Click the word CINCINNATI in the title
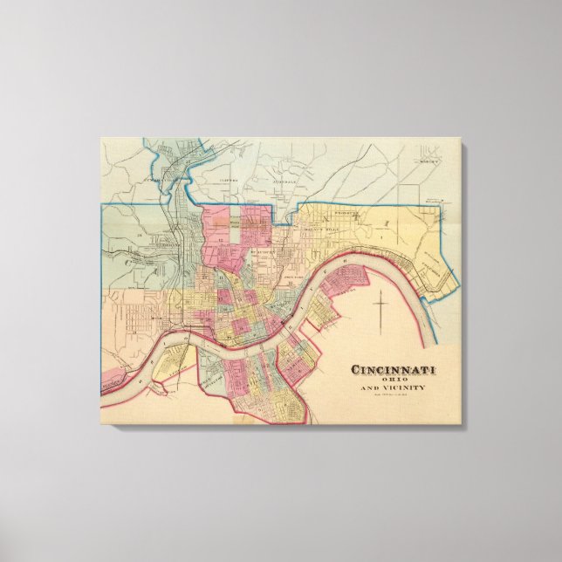394,368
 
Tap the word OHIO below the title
394,379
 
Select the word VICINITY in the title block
407,387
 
